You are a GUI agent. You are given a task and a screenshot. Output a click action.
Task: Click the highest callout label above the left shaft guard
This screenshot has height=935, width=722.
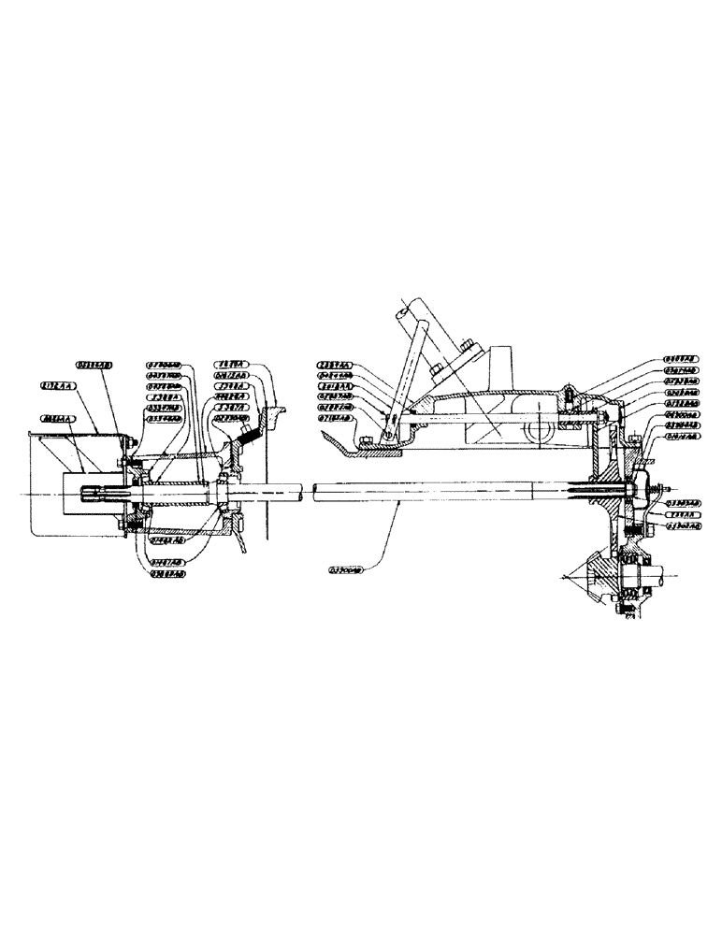pos(94,367)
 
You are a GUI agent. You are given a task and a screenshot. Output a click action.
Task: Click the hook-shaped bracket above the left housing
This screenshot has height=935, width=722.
pos(275,408)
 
